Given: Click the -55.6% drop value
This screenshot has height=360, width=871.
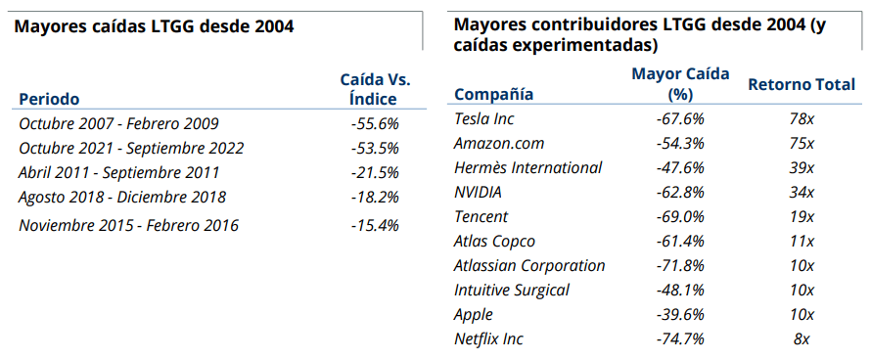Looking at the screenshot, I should (374, 123).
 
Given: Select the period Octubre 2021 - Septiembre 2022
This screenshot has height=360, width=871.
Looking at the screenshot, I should (131, 148).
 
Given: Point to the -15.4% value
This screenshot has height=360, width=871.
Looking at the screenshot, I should (374, 225).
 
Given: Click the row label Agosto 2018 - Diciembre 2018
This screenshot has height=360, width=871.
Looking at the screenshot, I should (122, 197).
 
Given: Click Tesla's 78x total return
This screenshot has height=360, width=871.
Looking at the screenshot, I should (802, 118).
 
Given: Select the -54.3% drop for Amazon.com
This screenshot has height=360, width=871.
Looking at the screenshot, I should (680, 143).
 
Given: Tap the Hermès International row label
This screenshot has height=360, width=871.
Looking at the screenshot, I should (528, 167).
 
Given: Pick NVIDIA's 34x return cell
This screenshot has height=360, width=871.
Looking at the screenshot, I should (802, 192).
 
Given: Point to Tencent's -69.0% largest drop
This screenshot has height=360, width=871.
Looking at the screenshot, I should (680, 216).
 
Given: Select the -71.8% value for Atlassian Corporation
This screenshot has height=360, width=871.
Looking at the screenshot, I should (680, 265).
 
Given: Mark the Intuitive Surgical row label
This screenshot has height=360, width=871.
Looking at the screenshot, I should (512, 290).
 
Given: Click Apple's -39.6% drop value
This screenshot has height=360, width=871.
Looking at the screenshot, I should (680, 315).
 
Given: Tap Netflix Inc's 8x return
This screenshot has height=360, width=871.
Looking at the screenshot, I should (802, 339).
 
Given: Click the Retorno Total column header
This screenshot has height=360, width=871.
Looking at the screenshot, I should (802, 84).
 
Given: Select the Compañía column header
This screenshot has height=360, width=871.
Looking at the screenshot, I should (494, 94).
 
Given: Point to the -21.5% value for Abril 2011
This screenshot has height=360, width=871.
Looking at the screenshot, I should (374, 172).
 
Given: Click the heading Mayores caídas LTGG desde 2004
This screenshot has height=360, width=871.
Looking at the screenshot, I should (154, 25).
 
